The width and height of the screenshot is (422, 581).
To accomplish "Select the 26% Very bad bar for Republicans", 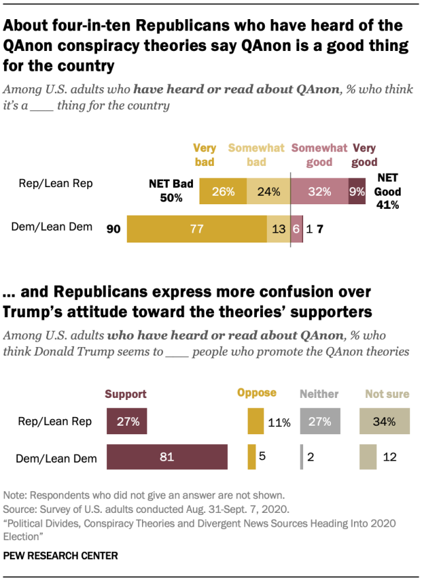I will [x=223, y=192].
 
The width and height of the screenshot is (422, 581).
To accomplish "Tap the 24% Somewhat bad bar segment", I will [x=268, y=192].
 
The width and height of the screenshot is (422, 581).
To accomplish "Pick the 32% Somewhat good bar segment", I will [x=319, y=192].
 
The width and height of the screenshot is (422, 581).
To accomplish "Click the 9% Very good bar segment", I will [x=357, y=192].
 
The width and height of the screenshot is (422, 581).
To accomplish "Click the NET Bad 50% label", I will [x=170, y=191].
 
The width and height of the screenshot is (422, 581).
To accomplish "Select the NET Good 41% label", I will [x=388, y=191].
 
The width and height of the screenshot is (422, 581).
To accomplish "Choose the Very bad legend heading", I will [x=205, y=155].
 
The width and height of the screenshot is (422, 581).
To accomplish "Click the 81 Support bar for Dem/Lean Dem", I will [x=167, y=457].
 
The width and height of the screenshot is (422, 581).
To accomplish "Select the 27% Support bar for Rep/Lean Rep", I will [x=127, y=421].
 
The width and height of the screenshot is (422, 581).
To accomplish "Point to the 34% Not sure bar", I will [x=384, y=421].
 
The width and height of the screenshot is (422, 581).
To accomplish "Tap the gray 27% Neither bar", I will [x=320, y=421].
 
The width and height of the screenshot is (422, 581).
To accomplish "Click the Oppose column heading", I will [x=256, y=393].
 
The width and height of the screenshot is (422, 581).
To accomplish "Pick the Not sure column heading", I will [x=387, y=394].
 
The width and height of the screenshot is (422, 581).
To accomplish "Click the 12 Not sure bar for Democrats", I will [x=369, y=457].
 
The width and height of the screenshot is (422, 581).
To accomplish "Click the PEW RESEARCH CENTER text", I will [x=60, y=557].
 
